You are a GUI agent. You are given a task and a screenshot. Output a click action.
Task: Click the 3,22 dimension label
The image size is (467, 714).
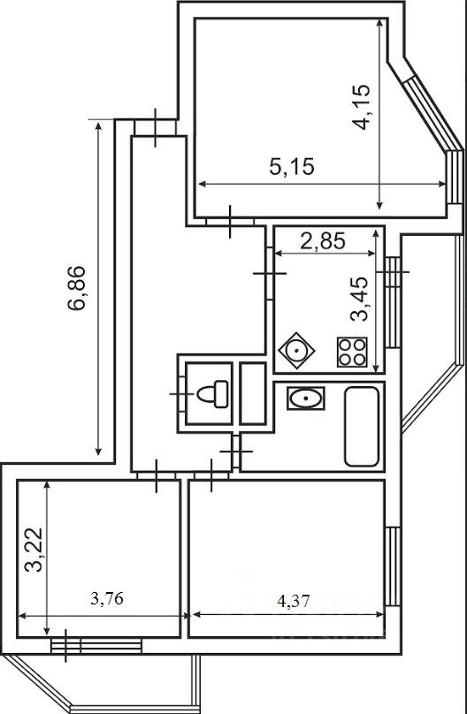33,551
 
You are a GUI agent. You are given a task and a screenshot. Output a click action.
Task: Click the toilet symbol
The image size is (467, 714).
211,392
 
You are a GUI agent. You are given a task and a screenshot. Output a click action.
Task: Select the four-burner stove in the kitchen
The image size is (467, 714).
352,353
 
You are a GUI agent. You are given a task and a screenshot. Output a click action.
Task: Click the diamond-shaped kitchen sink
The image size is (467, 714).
295,353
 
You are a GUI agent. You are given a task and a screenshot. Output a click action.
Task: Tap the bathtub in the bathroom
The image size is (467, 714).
362,426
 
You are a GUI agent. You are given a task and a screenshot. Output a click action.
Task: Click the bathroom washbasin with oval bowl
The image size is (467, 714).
306,399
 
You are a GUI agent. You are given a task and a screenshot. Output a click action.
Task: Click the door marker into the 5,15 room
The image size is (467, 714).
229,222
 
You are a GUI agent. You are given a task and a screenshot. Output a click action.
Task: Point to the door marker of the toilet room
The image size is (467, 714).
181,392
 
